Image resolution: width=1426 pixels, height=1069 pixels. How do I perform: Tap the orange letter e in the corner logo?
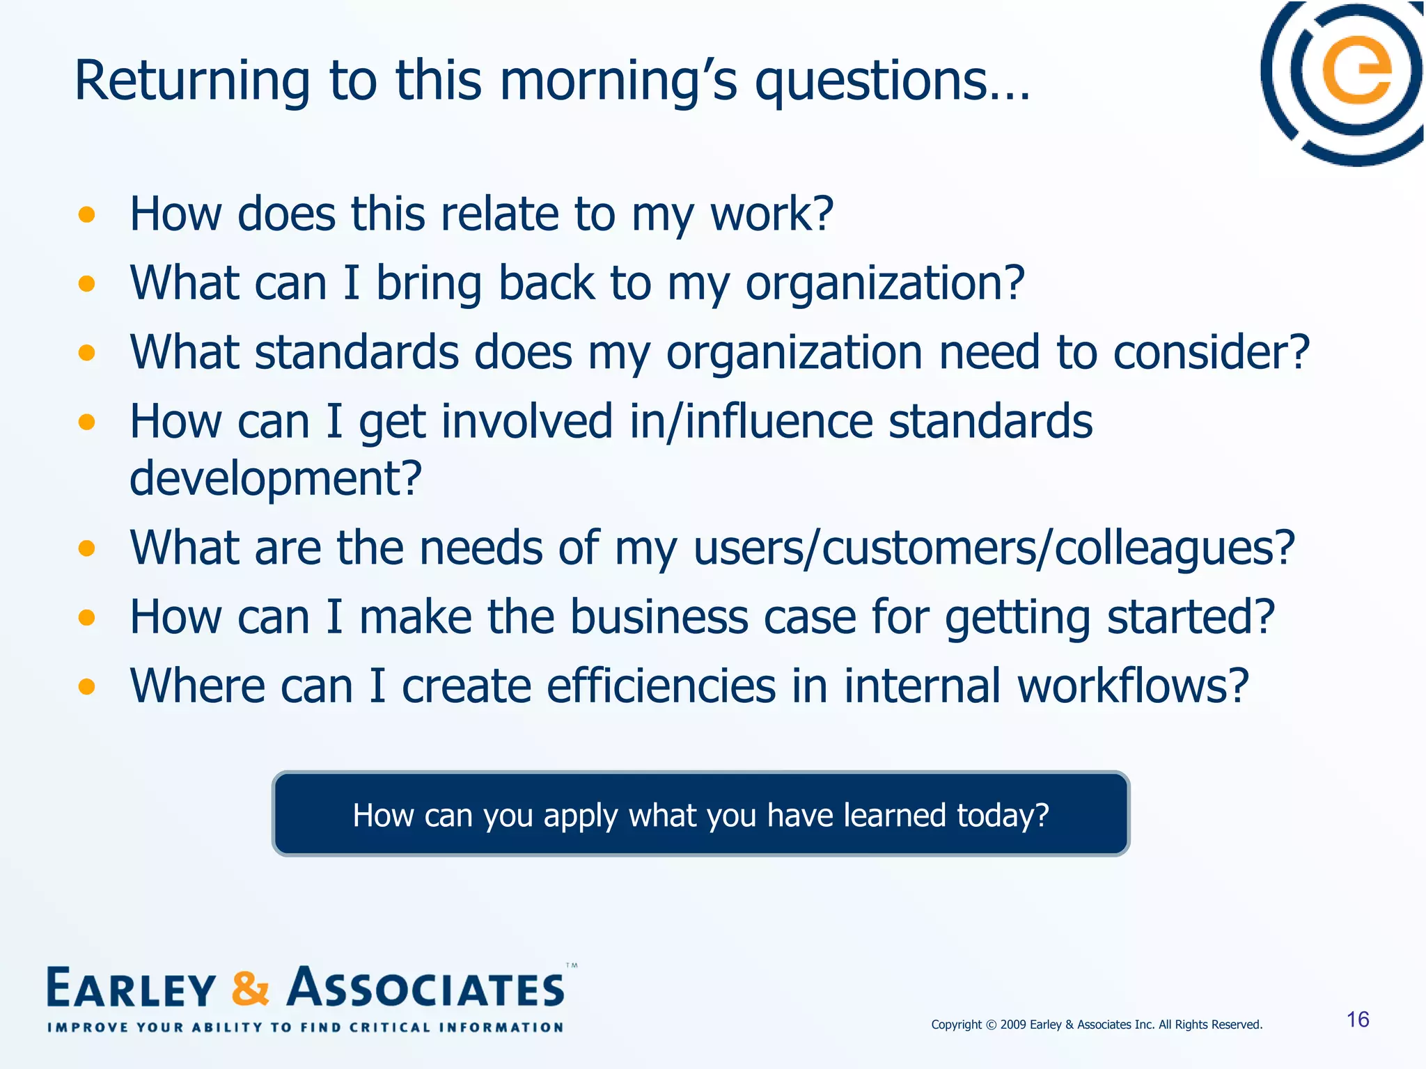(x=1356, y=71)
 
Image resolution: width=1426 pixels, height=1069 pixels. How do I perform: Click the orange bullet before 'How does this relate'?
(x=86, y=214)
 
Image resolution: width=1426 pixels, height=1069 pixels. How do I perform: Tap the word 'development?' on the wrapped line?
(x=276, y=479)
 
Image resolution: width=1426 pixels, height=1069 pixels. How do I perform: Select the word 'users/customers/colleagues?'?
(x=994, y=548)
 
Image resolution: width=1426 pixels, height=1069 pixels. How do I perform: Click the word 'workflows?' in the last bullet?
(x=1133, y=686)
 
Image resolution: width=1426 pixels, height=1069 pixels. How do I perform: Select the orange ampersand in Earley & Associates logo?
(x=250, y=989)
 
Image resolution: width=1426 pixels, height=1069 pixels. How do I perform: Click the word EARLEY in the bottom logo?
(x=132, y=989)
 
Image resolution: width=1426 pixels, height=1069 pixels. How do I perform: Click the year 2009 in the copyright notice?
(x=1013, y=1024)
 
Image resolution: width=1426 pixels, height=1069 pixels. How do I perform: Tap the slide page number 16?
(x=1358, y=1020)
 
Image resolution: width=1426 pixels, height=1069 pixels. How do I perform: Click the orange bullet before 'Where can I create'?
(x=86, y=687)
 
